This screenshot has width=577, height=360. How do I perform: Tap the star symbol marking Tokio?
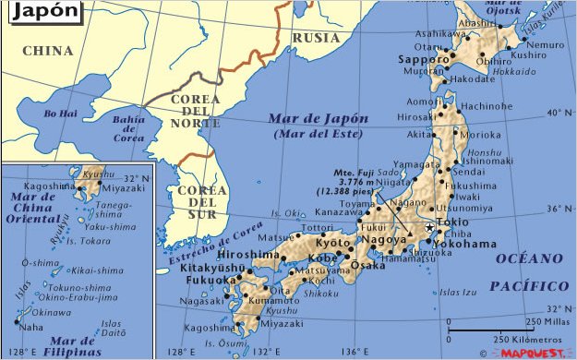430,226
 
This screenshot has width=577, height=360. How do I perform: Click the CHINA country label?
48,51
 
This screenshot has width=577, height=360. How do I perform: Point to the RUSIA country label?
316,38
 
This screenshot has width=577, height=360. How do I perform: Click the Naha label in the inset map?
30,327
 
